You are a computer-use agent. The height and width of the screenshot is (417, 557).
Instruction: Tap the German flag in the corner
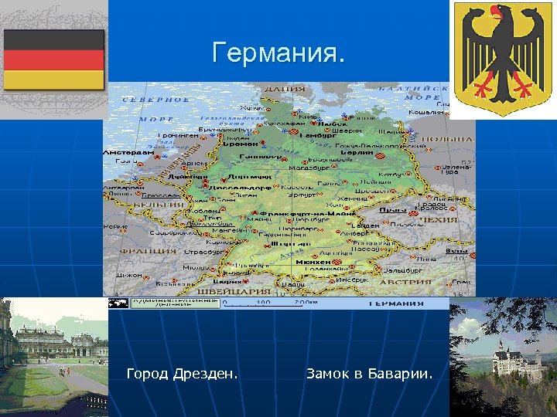click(x=53, y=59)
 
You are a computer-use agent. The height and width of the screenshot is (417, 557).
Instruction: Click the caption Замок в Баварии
click(x=369, y=375)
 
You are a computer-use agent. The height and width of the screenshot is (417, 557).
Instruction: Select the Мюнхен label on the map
click(x=313, y=262)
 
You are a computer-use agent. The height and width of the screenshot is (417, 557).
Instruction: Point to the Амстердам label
click(x=128, y=153)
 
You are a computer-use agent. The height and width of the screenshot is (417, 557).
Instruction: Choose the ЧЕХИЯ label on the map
click(x=441, y=219)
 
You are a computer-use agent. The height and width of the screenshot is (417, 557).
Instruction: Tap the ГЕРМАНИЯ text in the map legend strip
click(x=395, y=303)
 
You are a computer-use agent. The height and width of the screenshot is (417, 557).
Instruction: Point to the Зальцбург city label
click(x=402, y=271)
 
